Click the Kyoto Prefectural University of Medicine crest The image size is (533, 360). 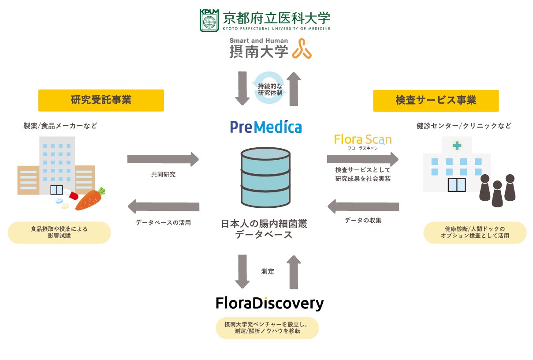[x=209, y=20]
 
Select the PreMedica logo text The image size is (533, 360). [x=266, y=127]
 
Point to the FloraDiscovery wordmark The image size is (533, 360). [x=269, y=303]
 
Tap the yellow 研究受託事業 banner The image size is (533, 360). [x=101, y=100]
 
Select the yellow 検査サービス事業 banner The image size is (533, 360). [x=436, y=101]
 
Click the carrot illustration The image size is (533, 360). [x=90, y=199]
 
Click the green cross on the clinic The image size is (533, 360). [x=457, y=146]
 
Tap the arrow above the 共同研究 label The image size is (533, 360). [x=163, y=159]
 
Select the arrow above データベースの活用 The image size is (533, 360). [x=163, y=206]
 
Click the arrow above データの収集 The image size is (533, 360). [x=363, y=206]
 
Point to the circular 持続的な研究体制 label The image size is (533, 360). [x=268, y=89]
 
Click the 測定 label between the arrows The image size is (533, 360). [x=268, y=271]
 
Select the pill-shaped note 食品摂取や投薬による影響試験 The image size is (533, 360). [x=59, y=232]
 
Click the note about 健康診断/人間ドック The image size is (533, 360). [x=475, y=232]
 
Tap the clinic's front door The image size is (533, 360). [x=457, y=185]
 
